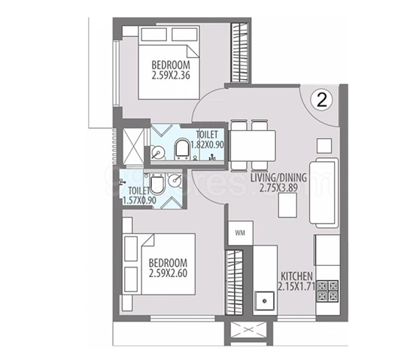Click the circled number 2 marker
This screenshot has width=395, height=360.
(321, 100)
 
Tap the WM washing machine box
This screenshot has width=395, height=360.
(240, 233)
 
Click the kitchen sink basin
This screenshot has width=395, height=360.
(264, 301)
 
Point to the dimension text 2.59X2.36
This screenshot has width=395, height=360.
(171, 75)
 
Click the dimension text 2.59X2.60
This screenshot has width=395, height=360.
(168, 273)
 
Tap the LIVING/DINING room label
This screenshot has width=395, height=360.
(278, 178)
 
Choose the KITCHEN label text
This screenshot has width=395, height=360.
(296, 276)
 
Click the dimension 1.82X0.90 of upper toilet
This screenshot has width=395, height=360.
(208, 145)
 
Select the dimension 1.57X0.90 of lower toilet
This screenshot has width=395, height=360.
(139, 200)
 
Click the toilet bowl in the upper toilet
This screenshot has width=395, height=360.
(182, 148)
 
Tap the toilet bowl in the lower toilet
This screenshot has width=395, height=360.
(157, 185)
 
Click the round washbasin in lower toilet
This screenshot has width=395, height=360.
(175, 179)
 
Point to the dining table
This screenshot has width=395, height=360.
(253, 145)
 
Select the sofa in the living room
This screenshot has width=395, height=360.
(324, 193)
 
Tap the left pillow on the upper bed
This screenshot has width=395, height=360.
(154, 35)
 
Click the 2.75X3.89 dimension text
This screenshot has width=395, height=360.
(278, 188)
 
